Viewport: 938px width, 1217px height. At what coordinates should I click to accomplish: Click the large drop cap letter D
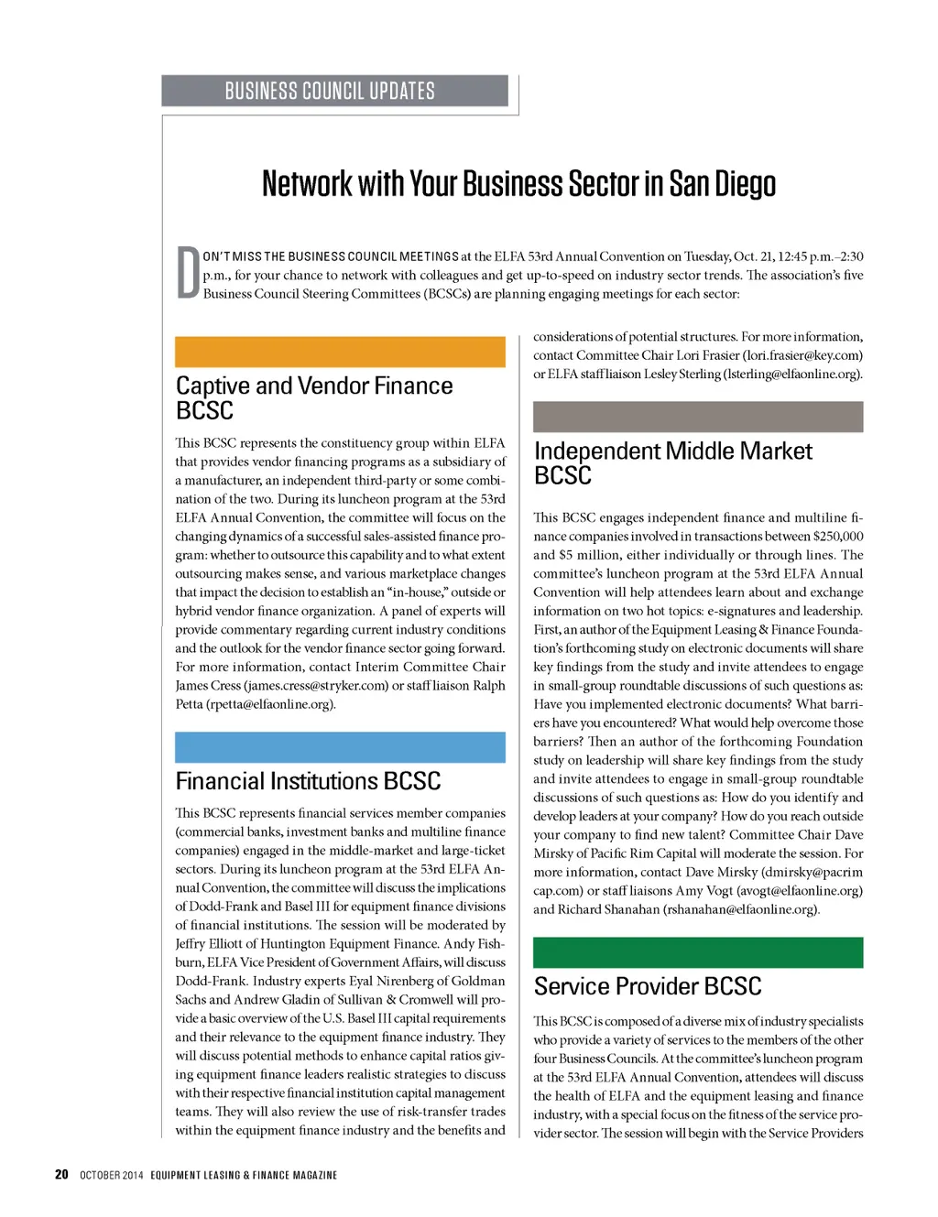pos(188,272)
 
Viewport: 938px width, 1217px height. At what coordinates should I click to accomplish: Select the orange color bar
pos(340,352)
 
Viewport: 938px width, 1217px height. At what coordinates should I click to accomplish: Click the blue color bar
pos(340,747)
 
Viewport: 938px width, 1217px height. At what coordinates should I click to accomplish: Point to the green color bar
pos(698,952)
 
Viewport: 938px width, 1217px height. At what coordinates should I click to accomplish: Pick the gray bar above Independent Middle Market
pos(698,417)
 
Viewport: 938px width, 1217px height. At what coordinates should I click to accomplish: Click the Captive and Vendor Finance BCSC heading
pos(314,397)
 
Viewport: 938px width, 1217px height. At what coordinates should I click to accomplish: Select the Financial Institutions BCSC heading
pos(308,781)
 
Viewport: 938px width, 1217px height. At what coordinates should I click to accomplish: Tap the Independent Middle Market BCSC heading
pos(672,462)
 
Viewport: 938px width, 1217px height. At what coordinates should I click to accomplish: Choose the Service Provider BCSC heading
pos(648,986)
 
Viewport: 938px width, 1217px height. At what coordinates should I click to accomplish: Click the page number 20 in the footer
pos(61,1175)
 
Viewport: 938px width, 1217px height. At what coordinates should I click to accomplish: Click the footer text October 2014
pos(112,1175)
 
